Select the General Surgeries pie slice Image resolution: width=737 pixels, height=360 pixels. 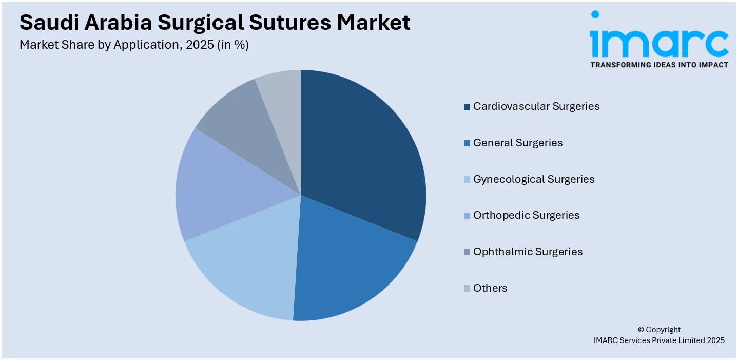344,262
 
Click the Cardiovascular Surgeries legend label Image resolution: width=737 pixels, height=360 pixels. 536,106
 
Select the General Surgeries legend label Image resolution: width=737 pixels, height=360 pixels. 517,143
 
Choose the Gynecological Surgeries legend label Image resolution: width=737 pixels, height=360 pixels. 533,179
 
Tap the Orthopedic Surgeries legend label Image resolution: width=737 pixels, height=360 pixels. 526,215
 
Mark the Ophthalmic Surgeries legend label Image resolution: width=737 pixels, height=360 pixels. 528,252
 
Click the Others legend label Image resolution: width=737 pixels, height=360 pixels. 490,288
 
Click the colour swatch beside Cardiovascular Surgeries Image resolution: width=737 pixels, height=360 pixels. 467,107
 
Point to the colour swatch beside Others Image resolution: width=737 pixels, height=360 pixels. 467,289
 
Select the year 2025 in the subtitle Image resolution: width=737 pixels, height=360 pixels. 199,45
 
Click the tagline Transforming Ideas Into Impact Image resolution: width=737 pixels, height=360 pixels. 659,65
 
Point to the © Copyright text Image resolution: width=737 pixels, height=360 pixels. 659,330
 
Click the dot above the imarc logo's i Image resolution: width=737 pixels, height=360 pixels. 595,14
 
